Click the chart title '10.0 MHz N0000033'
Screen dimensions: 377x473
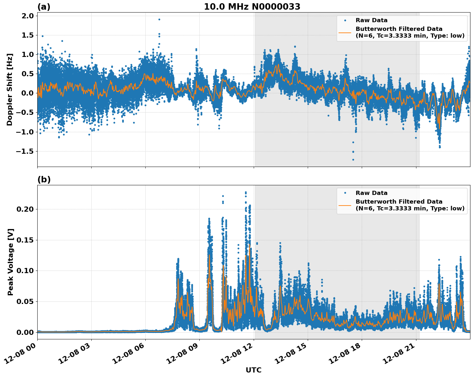click(x=252, y=7)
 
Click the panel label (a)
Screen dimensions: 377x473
click(x=44, y=7)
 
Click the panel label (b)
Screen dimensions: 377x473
click(x=44, y=179)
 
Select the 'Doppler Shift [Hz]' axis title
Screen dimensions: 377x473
click(x=10, y=89)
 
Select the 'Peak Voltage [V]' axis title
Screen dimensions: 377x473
click(x=11, y=262)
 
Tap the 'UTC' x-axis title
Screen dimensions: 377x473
click(x=253, y=370)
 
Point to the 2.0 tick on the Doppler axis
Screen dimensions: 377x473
click(x=27, y=16)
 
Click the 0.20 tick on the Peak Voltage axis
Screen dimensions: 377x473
click(x=25, y=209)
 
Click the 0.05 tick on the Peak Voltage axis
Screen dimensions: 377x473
click(x=25, y=302)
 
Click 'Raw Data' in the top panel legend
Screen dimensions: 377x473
click(x=371, y=20)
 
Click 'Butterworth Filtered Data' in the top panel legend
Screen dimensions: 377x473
click(x=399, y=29)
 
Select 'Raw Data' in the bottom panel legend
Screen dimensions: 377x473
click(x=371, y=193)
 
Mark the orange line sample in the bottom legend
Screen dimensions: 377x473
click(x=345, y=205)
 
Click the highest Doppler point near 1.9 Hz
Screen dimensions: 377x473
click(x=159, y=19)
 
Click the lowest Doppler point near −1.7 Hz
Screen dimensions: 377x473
click(x=353, y=160)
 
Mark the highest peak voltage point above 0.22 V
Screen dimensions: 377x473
click(x=246, y=192)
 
